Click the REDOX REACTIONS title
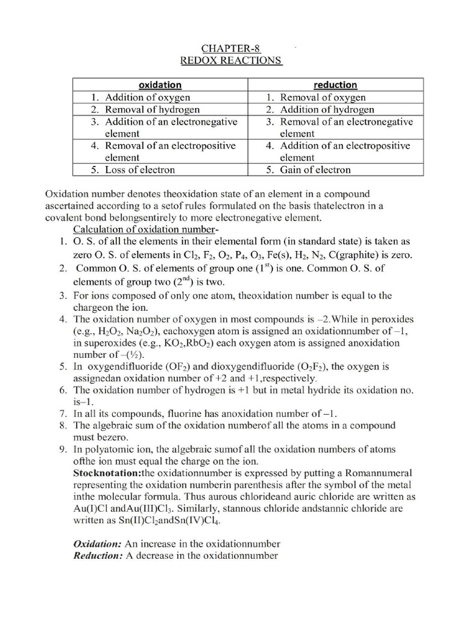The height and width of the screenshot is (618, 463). (x=231, y=60)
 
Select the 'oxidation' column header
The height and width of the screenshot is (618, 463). (x=160, y=85)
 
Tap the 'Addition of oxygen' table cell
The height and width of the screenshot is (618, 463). (x=148, y=97)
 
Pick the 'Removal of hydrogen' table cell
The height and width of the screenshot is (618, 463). (x=153, y=109)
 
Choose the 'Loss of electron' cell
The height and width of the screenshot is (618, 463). (x=140, y=170)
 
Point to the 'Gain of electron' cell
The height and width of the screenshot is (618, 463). (x=315, y=170)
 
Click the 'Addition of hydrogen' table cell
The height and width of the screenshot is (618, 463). (x=327, y=109)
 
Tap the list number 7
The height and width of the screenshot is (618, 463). (x=63, y=414)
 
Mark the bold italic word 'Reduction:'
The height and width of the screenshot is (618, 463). (x=98, y=556)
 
